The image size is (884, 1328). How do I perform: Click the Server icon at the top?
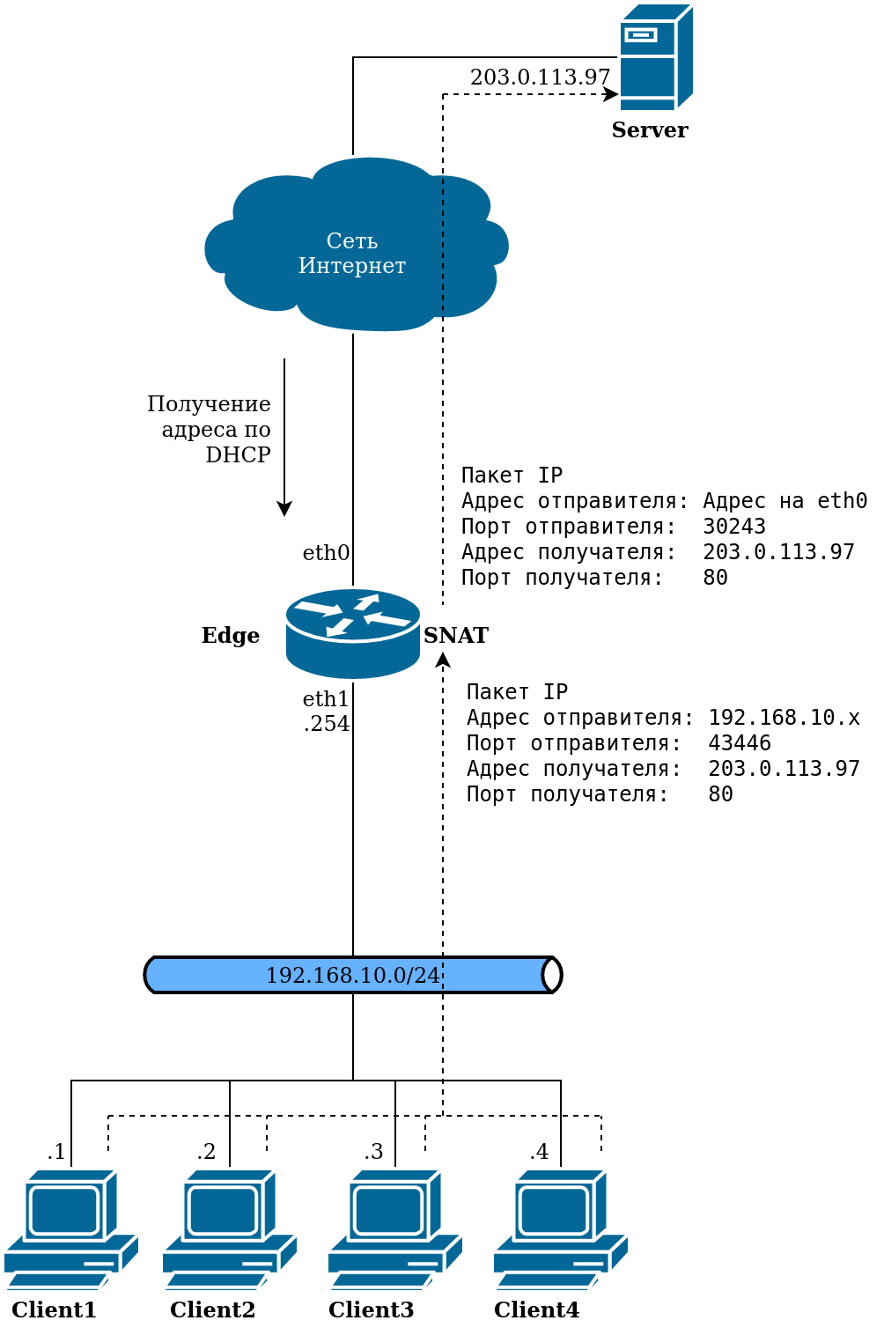[x=656, y=57]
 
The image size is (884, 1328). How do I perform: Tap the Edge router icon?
[x=353, y=634]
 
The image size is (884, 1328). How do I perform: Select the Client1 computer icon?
[x=71, y=1228]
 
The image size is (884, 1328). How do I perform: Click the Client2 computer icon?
[x=230, y=1228]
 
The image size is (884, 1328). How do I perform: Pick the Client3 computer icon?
[x=395, y=1228]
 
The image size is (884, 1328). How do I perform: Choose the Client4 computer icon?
[x=561, y=1228]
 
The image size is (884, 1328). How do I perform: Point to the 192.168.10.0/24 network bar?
[x=352, y=975]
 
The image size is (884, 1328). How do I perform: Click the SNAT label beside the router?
[x=456, y=635]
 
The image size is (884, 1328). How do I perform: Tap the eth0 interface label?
[x=326, y=553]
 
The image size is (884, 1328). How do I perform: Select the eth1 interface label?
[x=326, y=699]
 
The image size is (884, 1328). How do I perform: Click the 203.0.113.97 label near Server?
[x=540, y=77]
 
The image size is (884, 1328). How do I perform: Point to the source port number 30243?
[x=734, y=527]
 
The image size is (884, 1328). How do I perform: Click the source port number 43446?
[x=740, y=743]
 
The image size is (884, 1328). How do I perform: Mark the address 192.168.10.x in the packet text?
[x=784, y=718]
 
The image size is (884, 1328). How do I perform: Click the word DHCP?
[x=238, y=455]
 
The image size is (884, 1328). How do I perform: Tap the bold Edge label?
[x=231, y=635]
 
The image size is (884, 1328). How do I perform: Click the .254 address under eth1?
[x=327, y=724]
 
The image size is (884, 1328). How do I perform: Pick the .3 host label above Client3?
[x=374, y=1151]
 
